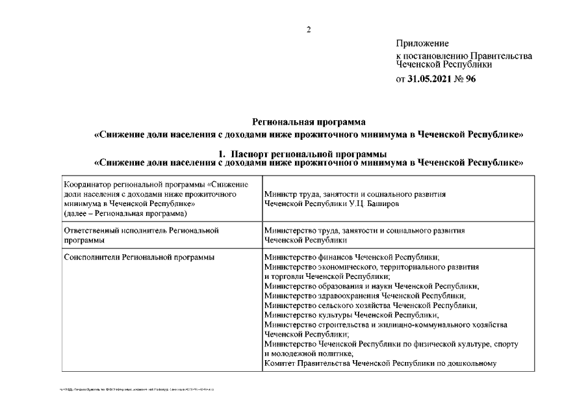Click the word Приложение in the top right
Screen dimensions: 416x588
(x=422, y=44)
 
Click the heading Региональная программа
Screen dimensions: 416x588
(x=309, y=122)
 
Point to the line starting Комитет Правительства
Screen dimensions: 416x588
(x=380, y=363)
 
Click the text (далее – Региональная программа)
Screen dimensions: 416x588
(x=125, y=213)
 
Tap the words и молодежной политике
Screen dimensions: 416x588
(x=308, y=354)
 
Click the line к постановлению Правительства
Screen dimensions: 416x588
(x=464, y=57)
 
